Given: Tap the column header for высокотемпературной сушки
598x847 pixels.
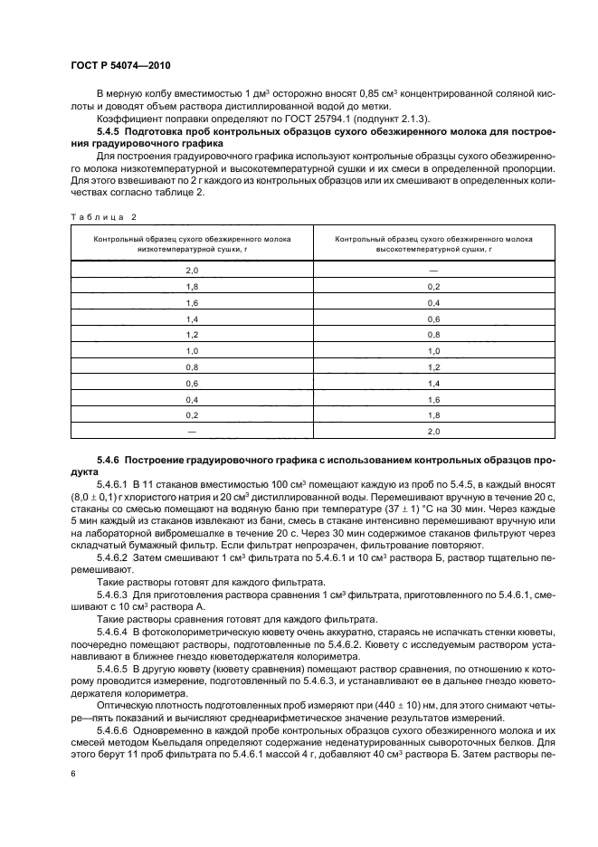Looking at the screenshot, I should pyautogui.click(x=432, y=243).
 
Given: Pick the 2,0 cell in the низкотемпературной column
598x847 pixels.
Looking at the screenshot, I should pyautogui.click(x=191, y=271).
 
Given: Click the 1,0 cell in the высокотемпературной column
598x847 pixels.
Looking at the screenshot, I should pyautogui.click(x=433, y=349).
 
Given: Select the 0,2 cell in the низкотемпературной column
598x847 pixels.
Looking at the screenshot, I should pyautogui.click(x=191, y=414).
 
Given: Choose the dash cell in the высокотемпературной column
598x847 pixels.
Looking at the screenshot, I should pyautogui.click(x=433, y=271).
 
